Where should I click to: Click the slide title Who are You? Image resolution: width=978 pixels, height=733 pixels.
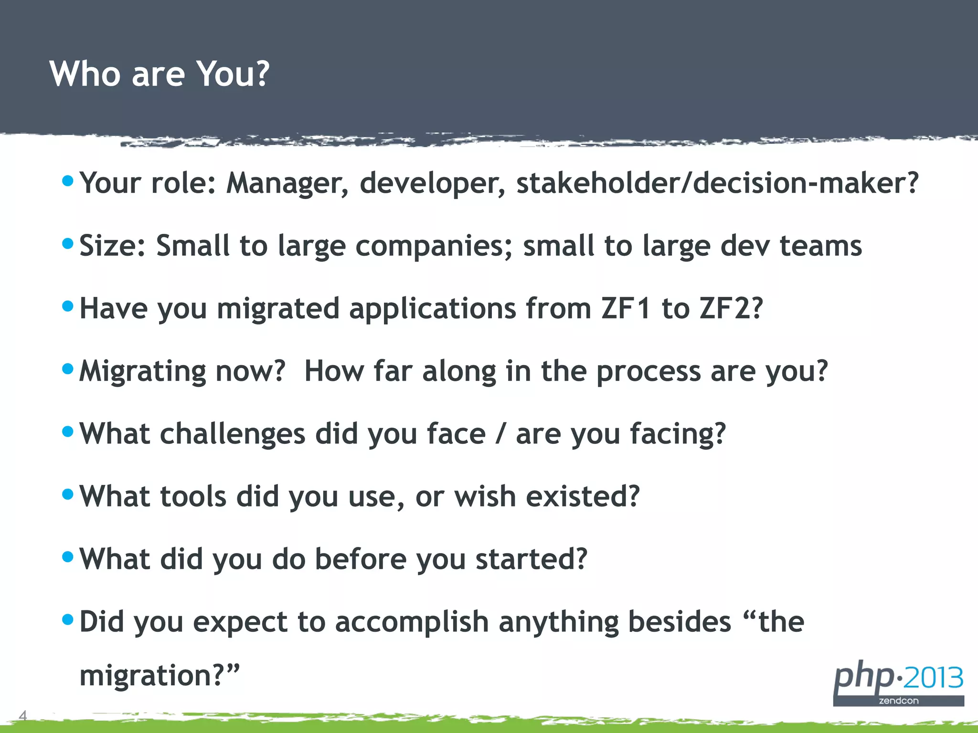pos(159,74)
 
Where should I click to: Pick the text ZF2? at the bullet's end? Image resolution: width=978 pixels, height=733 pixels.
pos(731,309)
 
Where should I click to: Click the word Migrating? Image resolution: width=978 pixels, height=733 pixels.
pos(142,372)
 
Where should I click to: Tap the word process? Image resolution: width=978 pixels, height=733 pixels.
pos(648,372)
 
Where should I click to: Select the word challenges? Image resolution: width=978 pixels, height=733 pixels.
pos(232,434)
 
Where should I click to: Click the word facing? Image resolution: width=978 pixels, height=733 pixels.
pos(678,434)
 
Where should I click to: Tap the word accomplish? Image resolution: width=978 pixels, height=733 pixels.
pos(412,623)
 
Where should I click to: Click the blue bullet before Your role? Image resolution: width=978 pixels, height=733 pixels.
pos(68,181)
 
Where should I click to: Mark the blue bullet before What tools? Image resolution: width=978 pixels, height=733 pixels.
pos(68,494)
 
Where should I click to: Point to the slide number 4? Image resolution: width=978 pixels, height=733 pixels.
pos(22,715)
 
